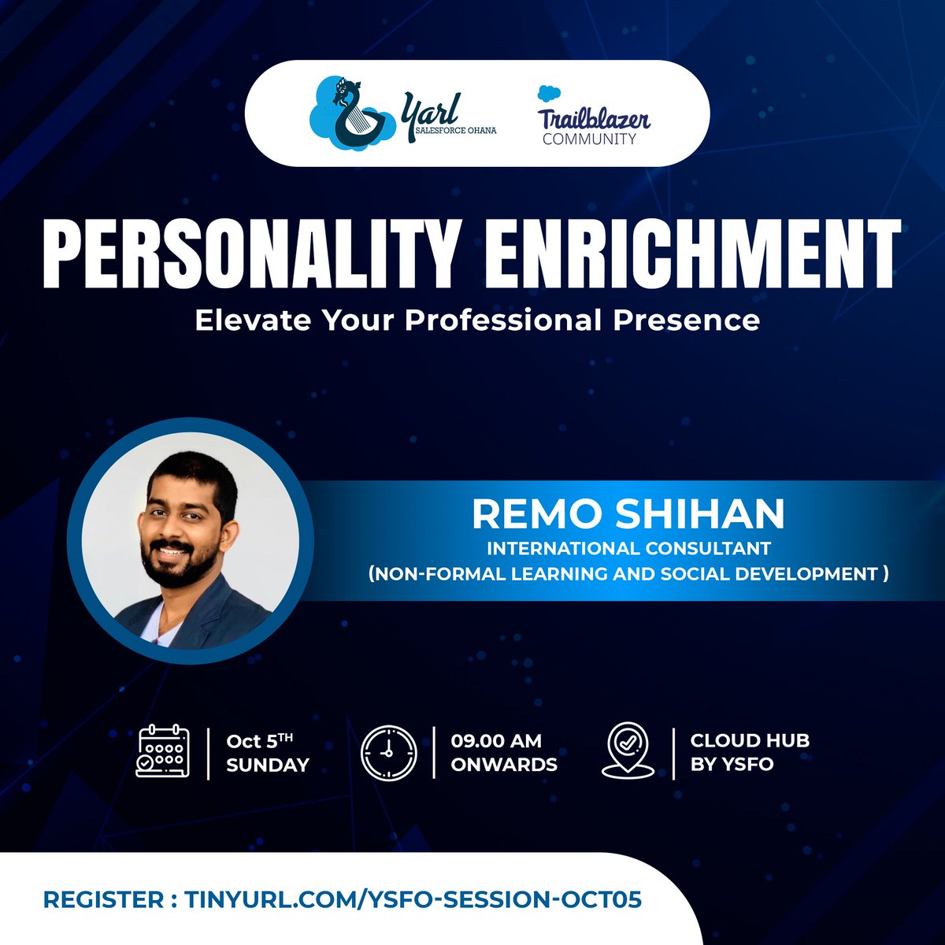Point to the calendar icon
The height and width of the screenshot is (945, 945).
tap(163, 752)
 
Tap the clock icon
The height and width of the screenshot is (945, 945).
tap(388, 752)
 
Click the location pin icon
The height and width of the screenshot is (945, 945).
tap(628, 752)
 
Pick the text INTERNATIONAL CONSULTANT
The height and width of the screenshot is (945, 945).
tap(628, 547)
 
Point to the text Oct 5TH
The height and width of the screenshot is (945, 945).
tap(259, 740)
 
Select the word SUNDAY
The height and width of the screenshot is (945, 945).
tap(268, 765)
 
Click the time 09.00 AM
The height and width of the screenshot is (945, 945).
tap(496, 740)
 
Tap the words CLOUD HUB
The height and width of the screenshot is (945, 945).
tap(750, 740)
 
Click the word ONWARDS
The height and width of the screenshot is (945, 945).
tap(504, 765)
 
